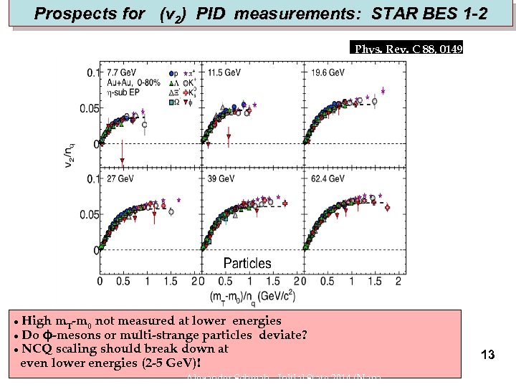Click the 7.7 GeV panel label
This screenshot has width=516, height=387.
[122, 72]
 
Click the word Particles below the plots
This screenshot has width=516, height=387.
[247, 263]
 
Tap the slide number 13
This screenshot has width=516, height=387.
[488, 355]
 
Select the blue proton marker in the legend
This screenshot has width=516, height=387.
[172, 73]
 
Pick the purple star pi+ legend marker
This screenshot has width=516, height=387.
[186, 73]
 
